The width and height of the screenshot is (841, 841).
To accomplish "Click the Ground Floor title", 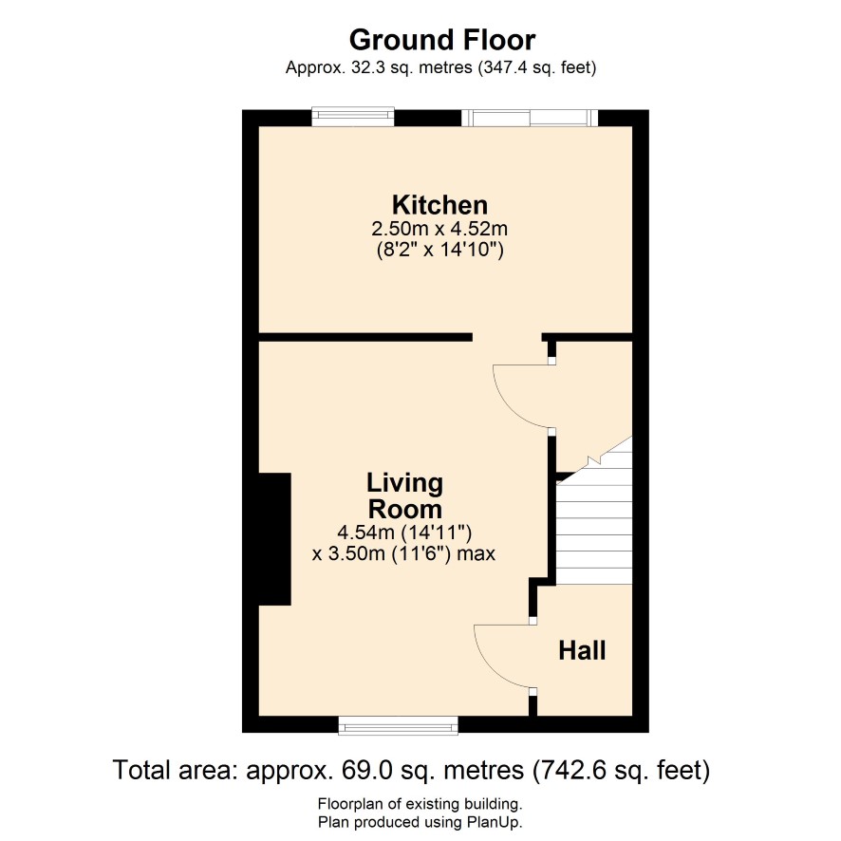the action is pos(442,40).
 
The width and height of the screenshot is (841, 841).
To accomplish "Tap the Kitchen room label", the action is pos(439,205).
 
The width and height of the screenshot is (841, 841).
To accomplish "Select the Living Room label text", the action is pos(405,496).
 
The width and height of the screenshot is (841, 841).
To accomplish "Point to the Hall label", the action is pos(582,650).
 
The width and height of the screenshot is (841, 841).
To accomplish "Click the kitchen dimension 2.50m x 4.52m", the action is pos(439,229).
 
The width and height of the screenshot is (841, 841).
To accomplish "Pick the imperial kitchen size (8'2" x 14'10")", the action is pos(439,250).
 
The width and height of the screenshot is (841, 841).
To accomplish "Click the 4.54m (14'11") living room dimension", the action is pos(404,533).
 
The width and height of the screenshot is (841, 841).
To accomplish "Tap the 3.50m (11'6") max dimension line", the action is pos(403,553).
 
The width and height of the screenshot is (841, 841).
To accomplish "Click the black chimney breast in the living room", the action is pos(275,539).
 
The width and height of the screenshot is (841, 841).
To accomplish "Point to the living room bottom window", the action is pos(398,726).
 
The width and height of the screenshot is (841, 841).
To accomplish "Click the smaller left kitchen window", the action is pos(353,117).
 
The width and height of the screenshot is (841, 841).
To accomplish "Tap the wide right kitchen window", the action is pos(530,118).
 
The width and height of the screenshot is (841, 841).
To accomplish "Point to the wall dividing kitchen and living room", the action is pos(365,337).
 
